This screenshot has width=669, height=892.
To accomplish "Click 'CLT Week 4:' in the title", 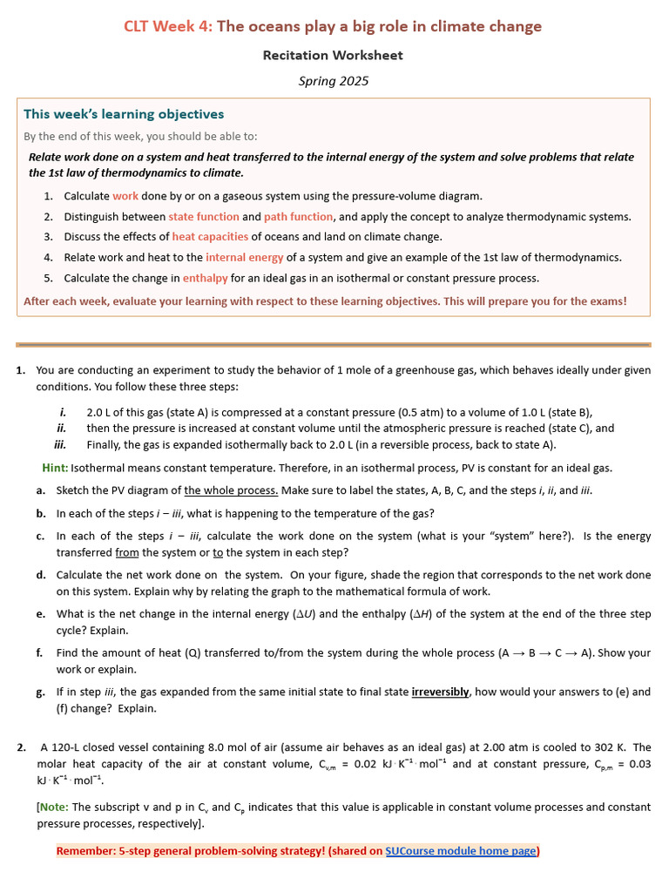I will [167, 26].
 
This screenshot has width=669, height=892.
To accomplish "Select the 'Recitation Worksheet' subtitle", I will [334, 55].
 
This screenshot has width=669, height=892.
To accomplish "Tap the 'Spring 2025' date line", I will [334, 81].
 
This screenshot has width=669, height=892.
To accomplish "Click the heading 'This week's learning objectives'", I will [124, 114].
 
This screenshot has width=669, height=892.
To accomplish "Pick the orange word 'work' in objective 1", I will [125, 196].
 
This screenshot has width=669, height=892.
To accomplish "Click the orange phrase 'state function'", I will [204, 216].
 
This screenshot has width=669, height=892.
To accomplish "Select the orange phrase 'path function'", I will [299, 216].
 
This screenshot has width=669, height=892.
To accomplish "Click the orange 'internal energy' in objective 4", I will [244, 257].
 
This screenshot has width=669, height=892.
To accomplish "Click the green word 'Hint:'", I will [55, 468].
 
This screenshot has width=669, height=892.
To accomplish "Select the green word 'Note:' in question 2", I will [55, 808].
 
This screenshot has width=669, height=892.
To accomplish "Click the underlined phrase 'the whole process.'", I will [231, 490].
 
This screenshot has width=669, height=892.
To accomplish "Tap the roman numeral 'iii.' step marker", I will [60, 443].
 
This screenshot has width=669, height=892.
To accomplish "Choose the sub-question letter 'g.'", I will [41, 692].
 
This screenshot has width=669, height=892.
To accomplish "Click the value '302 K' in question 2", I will [596, 747].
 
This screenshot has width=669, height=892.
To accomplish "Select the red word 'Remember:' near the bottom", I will [86, 850].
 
